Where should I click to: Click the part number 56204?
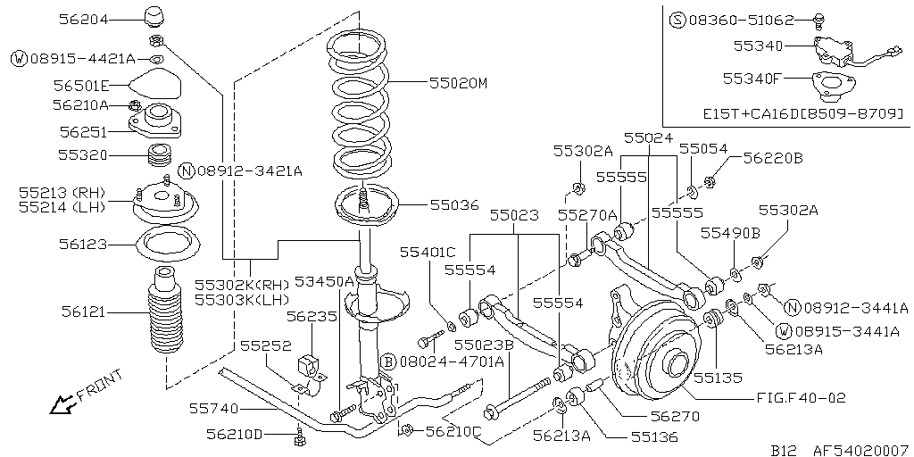83,20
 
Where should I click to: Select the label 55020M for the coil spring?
458,83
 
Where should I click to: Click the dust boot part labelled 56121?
165,315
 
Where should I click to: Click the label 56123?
83,245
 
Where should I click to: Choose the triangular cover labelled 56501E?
154,84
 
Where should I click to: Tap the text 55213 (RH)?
62,193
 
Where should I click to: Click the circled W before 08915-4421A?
20,59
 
